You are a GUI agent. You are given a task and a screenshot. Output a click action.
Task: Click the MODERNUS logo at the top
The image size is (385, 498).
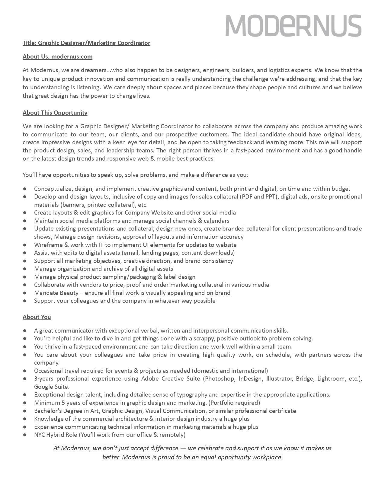point(293,26)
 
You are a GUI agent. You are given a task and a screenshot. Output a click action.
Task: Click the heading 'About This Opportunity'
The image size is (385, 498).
point(55,113)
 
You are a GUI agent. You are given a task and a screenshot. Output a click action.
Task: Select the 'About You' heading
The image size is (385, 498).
point(37,317)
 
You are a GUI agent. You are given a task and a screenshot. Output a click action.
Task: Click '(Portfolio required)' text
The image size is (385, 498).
point(234,403)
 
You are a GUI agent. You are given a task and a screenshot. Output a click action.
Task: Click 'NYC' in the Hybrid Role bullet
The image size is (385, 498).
point(39,435)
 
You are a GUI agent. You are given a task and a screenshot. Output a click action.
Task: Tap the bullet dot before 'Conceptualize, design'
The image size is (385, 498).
point(25,189)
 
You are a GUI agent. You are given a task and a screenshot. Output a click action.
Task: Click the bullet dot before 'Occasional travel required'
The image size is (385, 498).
point(25,371)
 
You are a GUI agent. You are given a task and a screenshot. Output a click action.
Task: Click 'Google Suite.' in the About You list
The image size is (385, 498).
point(52,387)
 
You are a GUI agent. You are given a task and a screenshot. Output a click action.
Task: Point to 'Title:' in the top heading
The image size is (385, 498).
point(30,43)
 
